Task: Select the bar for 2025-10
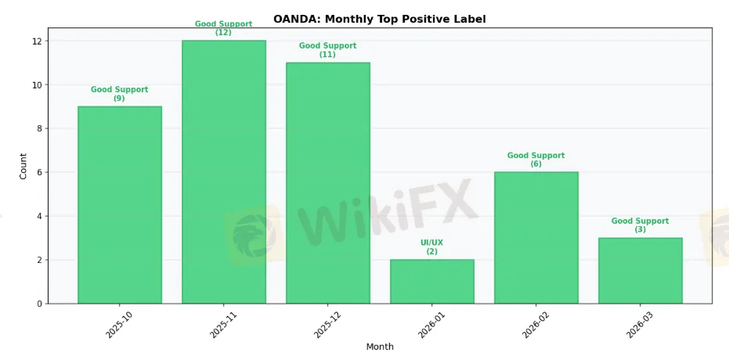point(120,205)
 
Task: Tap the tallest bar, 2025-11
point(224,172)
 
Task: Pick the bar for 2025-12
point(328,183)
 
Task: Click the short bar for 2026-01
point(432,282)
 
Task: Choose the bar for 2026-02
point(536,238)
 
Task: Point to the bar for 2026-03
point(641,271)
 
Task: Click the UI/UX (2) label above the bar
point(432,247)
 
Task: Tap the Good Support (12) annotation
point(224,28)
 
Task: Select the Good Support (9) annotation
point(120,94)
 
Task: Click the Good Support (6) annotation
point(536,160)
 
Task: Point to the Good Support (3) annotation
point(641,225)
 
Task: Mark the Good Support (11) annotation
point(328,50)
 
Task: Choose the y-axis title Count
point(23,166)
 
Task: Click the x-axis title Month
point(380,347)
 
